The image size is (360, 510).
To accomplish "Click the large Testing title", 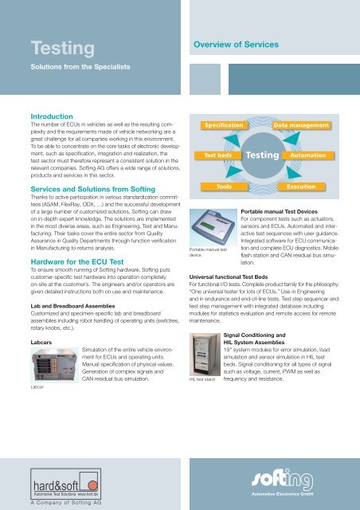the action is click(63, 48).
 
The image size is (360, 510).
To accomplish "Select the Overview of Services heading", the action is click(236, 45).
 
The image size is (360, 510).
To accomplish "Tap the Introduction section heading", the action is click(52, 116).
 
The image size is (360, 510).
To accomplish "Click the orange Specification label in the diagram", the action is click(224, 125).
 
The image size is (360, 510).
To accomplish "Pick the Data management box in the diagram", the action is click(301, 125).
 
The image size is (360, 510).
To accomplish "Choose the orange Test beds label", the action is click(218, 155).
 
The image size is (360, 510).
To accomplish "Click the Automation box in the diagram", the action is click(308, 155).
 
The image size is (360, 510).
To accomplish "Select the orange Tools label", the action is click(224, 186).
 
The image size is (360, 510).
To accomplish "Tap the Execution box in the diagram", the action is click(301, 186).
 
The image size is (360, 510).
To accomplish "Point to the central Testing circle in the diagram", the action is click(263, 155).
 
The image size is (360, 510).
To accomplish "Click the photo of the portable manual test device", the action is click(213, 227).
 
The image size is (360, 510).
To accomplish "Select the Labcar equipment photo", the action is click(55, 365).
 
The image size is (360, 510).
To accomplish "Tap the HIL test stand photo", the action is click(205, 355).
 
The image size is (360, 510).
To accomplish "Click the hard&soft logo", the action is click(65, 484).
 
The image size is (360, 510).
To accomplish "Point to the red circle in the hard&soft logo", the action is click(93, 485).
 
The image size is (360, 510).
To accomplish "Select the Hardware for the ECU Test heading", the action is click(77, 262).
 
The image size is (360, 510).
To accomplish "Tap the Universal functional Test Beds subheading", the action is click(229, 277).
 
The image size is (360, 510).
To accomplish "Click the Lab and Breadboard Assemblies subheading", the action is click(72, 306).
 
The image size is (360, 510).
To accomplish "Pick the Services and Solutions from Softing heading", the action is click(93, 190).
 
